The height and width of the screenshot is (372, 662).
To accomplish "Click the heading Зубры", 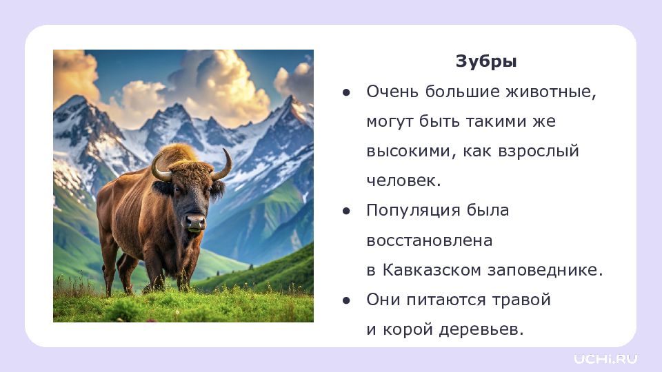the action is pyautogui.click(x=486, y=62).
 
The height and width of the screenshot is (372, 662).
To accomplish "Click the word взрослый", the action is pyautogui.click(x=539, y=152).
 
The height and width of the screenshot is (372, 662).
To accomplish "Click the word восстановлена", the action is pyautogui.click(x=430, y=241).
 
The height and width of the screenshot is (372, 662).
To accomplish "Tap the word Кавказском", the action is pyautogui.click(x=432, y=270).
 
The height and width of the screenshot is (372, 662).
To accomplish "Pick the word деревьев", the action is pyautogui.click(x=481, y=330).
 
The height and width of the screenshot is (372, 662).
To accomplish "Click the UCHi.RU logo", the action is pyautogui.click(x=605, y=359).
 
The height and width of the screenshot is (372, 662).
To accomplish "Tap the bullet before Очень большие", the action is pyautogui.click(x=347, y=92).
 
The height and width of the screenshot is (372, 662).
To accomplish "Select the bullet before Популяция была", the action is pyautogui.click(x=347, y=211).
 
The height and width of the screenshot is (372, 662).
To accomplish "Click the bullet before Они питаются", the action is pyautogui.click(x=347, y=300).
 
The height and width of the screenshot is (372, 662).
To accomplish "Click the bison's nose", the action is pyautogui.click(x=195, y=221).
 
